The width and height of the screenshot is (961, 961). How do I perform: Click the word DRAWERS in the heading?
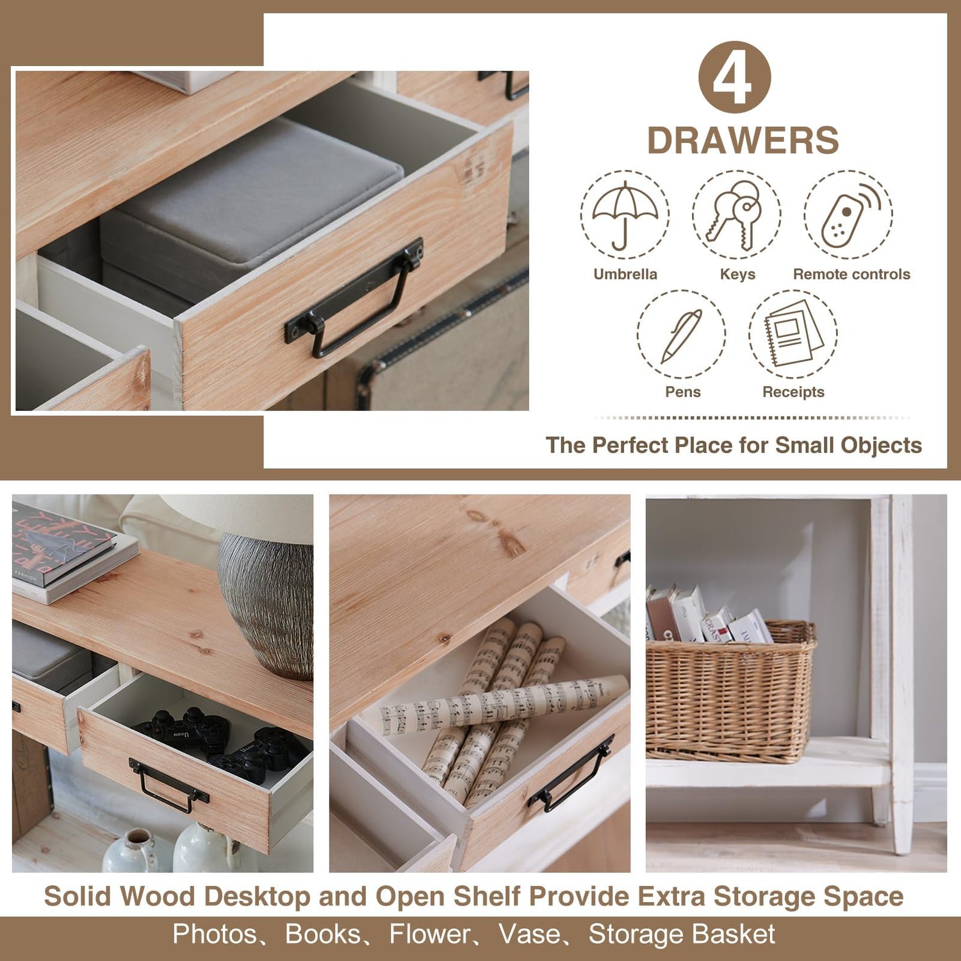click(x=743, y=140)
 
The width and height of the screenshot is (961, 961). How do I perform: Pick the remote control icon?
click(x=850, y=215)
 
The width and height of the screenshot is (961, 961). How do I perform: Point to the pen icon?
click(x=681, y=336)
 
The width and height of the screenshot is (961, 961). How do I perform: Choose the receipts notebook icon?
click(x=793, y=333)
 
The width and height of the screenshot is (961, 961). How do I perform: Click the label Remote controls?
click(x=851, y=274)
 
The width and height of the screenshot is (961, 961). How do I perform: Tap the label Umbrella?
click(x=625, y=274)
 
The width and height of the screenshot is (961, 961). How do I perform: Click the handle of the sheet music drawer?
click(x=570, y=774)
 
